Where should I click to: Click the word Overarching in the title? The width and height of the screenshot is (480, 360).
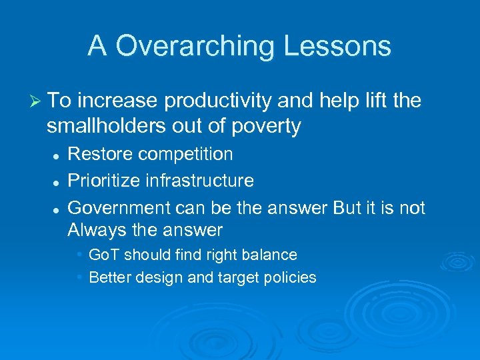(194, 47)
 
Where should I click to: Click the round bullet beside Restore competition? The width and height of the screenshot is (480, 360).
(58, 155)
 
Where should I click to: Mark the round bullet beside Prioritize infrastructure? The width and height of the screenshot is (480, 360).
(58, 181)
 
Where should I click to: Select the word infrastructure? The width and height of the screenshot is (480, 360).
(201, 181)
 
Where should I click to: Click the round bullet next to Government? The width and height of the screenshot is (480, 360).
(58, 209)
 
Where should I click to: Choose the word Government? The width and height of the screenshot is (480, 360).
(119, 208)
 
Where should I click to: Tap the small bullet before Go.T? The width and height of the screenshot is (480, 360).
(79, 255)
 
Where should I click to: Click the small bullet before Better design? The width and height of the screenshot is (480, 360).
(79, 277)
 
